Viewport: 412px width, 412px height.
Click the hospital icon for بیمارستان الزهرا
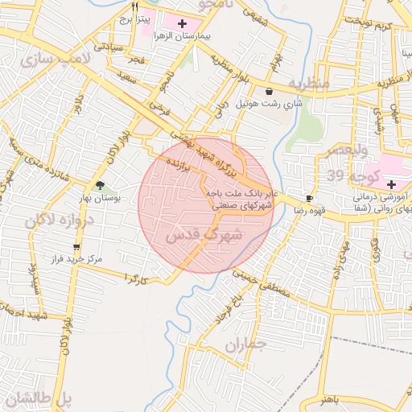(x=182, y=23)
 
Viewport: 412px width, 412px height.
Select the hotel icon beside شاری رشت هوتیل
(x=269, y=91)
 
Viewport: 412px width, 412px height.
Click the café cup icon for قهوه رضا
(x=310, y=198)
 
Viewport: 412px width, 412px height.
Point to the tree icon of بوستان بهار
(x=100, y=185)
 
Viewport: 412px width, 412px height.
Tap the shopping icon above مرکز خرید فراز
(x=76, y=247)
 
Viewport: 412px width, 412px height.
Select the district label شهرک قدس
(x=198, y=236)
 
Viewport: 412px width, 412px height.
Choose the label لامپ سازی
(x=47, y=60)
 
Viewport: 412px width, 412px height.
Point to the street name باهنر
(x=329, y=399)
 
